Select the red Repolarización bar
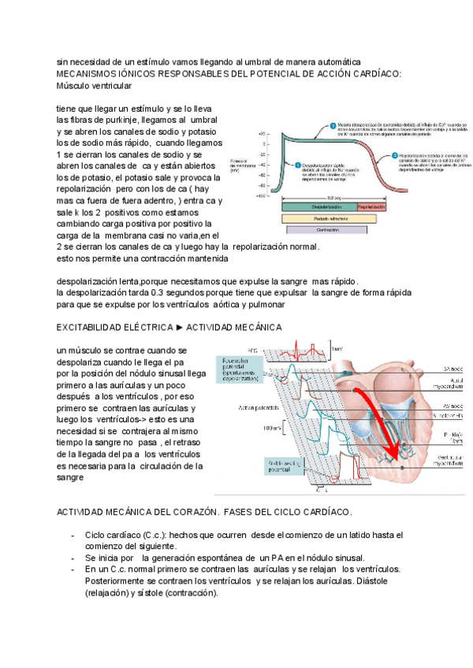371,206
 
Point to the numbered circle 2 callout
332,124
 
